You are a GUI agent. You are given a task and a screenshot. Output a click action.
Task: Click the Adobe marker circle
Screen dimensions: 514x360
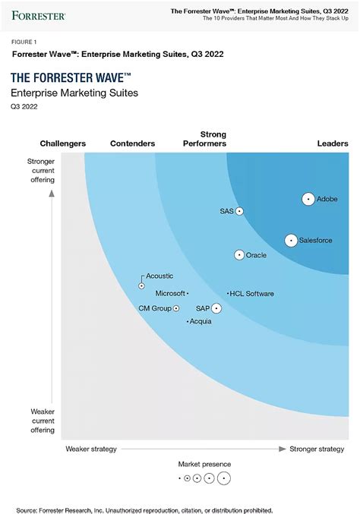pos(308,199)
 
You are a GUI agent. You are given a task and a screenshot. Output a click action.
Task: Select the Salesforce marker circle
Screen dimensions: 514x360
pos(291,240)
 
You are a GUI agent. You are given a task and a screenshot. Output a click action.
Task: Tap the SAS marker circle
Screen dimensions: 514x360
pos(239,211)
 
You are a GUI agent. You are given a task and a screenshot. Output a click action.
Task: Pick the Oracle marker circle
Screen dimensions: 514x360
pos(240,255)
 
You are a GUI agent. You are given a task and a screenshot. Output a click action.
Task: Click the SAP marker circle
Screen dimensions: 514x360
pos(216,308)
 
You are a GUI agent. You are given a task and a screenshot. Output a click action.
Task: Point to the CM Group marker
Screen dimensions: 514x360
pos(176,308)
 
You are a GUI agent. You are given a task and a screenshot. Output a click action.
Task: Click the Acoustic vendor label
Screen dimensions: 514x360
pos(159,276)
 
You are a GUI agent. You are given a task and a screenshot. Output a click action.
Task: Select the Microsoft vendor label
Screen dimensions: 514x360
pos(170,293)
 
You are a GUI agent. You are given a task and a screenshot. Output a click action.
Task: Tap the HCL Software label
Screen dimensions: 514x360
pos(253,294)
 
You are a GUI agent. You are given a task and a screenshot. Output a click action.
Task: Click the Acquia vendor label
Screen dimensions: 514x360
pos(201,322)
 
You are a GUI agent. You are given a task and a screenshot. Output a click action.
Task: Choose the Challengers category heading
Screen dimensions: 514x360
pos(62,143)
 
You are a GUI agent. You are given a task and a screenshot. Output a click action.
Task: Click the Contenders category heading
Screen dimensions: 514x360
pos(132,143)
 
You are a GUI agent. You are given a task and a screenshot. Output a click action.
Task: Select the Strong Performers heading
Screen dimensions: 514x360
pos(204,139)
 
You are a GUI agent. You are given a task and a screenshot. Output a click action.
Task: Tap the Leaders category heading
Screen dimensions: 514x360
pos(333,143)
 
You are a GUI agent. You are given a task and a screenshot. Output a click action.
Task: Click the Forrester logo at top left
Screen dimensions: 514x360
pos(37,14)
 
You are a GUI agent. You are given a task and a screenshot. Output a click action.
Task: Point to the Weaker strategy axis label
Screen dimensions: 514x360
pos(91,449)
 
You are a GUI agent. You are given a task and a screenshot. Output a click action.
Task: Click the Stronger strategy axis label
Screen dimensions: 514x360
pos(317,449)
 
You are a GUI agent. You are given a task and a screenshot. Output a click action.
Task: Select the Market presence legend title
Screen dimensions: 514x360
pos(204,464)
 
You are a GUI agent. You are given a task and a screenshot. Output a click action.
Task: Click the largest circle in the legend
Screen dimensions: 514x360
pos(223,478)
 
